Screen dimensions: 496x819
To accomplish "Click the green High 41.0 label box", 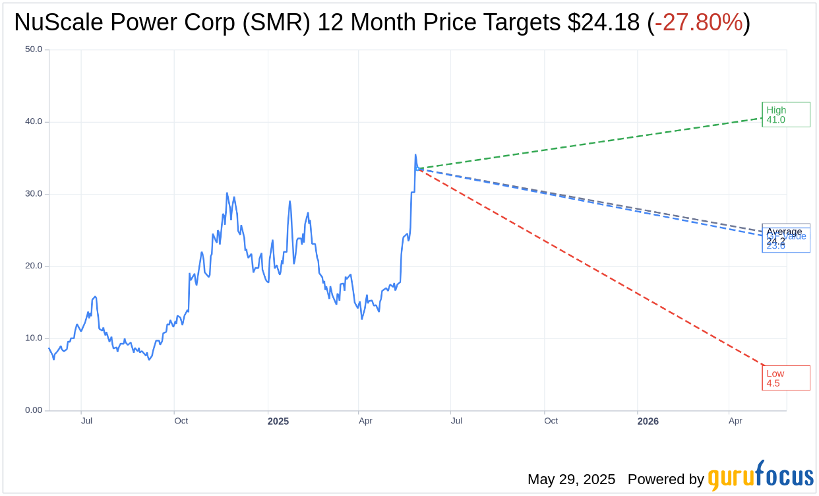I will [x=785, y=115].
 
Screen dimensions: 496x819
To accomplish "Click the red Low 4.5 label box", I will [x=785, y=378].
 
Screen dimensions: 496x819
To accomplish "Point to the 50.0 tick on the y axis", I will [x=34, y=49].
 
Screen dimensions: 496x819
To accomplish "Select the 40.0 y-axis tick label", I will [x=34, y=121].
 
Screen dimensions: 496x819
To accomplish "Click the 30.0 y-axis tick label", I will [x=34, y=194].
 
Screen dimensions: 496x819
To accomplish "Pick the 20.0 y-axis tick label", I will [x=34, y=266].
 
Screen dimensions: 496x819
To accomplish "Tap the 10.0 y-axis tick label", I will [x=34, y=338].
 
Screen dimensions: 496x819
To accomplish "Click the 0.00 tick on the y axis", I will [x=34, y=410].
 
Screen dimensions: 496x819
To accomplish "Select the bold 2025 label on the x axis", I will [x=278, y=421].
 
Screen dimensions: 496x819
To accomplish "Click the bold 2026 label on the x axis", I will [x=648, y=421].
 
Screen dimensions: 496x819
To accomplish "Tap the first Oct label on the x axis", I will [x=181, y=421].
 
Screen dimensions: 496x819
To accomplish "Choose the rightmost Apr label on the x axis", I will [x=735, y=421].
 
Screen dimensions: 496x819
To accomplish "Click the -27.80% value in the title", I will [x=698, y=22].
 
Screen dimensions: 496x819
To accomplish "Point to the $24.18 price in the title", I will [x=603, y=22].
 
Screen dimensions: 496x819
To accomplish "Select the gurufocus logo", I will [x=760, y=476].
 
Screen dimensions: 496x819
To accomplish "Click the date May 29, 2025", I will [x=571, y=480].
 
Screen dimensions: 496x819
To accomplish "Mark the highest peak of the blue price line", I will [x=415, y=155].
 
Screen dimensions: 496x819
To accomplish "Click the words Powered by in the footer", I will [x=665, y=480].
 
